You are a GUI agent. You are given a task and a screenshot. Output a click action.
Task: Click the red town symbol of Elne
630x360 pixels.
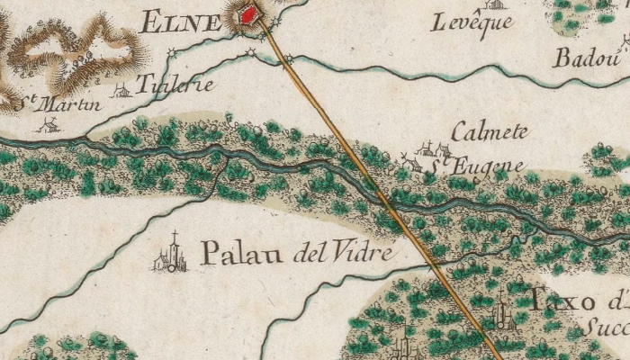click(x=246, y=14)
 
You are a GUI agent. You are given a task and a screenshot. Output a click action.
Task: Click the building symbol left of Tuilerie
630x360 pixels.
click(x=121, y=90)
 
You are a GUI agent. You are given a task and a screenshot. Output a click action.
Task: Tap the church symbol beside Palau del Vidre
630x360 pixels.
click(x=172, y=256)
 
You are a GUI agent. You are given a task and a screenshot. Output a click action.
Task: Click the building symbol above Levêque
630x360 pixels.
click(x=497, y=3)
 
